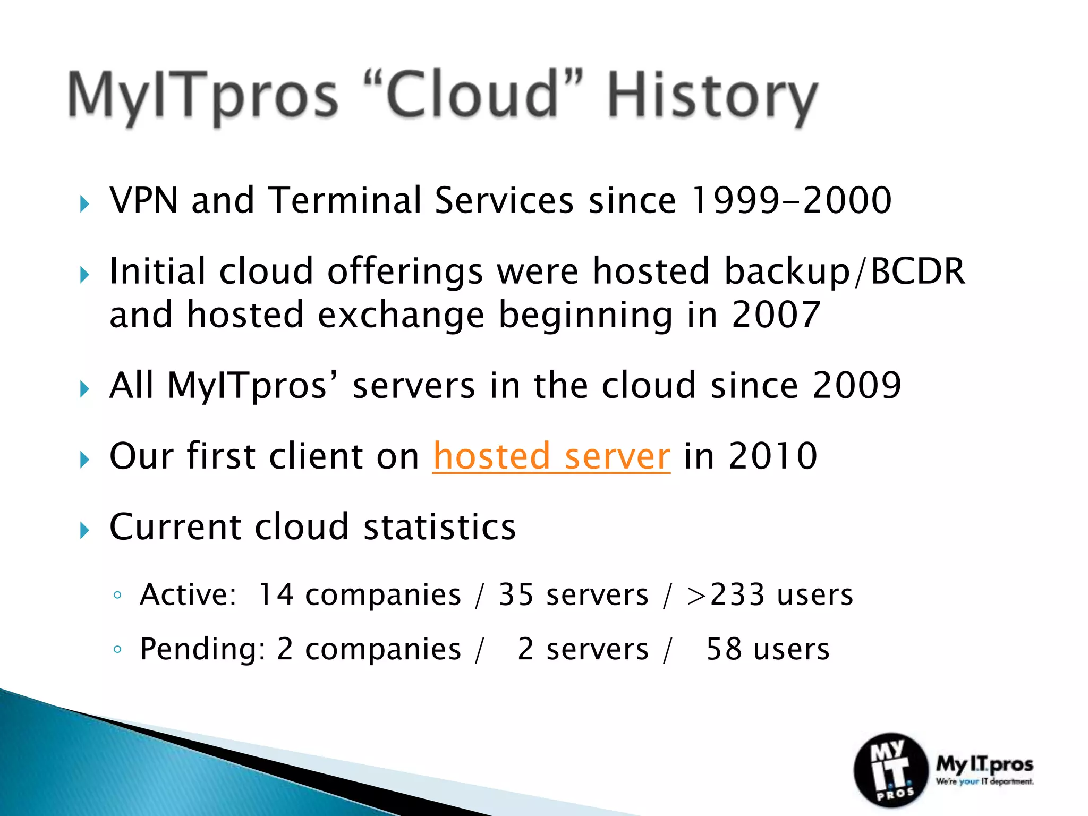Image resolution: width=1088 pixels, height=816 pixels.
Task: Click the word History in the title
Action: click(x=712, y=96)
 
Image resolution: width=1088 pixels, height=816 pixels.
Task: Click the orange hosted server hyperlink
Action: click(x=551, y=456)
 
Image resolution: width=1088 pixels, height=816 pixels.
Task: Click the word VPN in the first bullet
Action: click(x=143, y=201)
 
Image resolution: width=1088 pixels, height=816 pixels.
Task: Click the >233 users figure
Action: click(x=769, y=594)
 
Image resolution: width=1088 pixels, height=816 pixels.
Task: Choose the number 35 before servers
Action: click(x=516, y=594)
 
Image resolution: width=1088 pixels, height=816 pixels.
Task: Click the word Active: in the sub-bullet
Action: click(x=188, y=594)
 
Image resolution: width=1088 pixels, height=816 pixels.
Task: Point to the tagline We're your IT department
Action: click(x=984, y=781)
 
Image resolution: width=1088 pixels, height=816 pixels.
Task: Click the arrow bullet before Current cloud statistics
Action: click(x=84, y=530)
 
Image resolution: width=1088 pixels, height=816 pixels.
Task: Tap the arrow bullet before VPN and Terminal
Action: click(x=84, y=204)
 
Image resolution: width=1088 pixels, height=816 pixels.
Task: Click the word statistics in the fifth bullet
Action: click(x=439, y=527)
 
